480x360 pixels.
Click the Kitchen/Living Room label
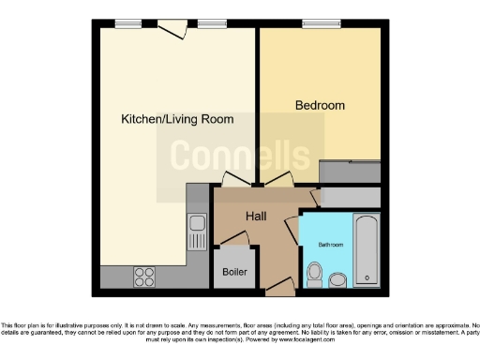point(177,119)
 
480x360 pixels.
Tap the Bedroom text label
point(320,106)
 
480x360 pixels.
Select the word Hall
point(256,217)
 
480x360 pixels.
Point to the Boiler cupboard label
point(233,273)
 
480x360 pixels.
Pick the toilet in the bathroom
point(315,275)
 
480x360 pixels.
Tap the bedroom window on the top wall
point(321,23)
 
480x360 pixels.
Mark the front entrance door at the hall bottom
point(278,290)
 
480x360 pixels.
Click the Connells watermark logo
point(240,157)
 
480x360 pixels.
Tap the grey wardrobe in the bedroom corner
point(350,172)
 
